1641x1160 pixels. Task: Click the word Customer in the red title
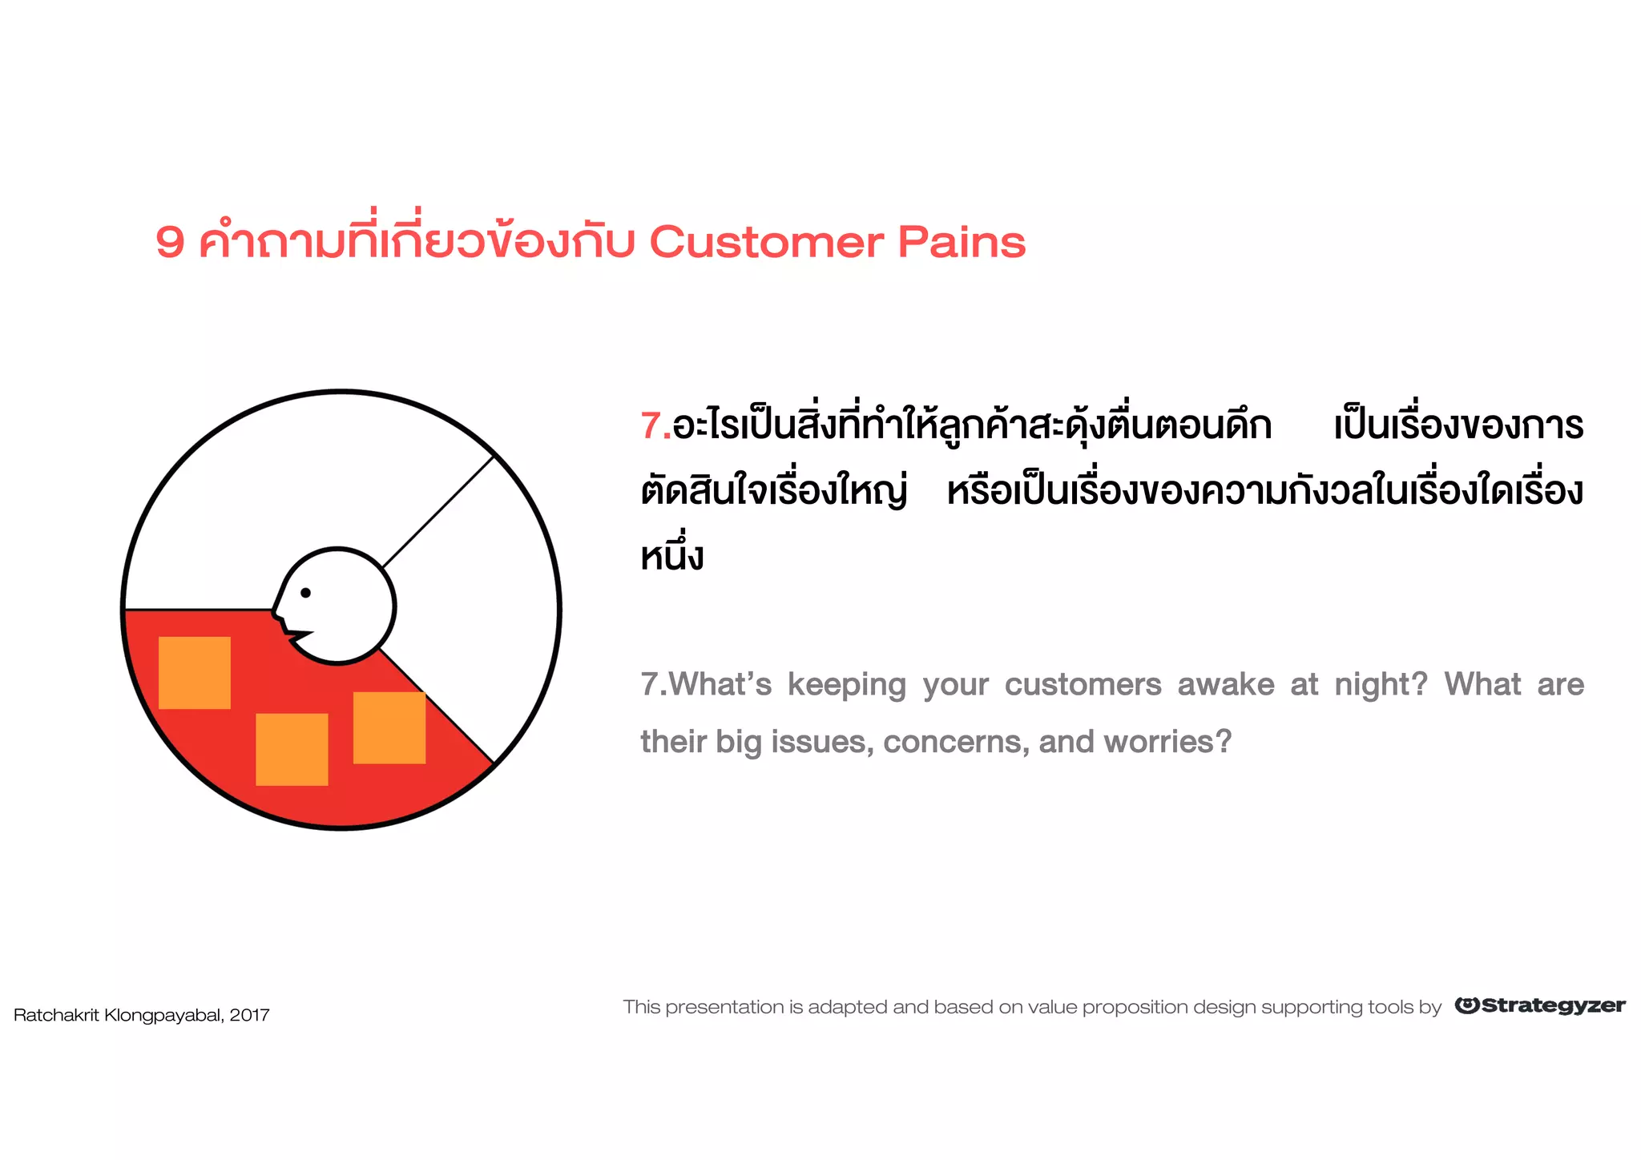point(766,242)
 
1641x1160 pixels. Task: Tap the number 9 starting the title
point(170,242)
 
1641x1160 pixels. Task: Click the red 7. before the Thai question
point(655,425)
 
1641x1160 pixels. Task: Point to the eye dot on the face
point(305,593)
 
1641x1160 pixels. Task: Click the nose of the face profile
point(276,614)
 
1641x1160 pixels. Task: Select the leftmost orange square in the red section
point(195,673)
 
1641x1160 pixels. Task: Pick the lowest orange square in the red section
point(292,749)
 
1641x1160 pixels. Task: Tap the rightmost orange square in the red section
point(389,727)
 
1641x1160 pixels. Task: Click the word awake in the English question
point(1225,685)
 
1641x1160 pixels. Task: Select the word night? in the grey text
point(1381,685)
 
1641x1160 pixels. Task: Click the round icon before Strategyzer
point(1466,1005)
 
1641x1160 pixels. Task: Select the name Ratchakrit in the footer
point(56,1015)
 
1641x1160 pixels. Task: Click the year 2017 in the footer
point(249,1015)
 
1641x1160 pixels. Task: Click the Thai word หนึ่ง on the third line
point(671,555)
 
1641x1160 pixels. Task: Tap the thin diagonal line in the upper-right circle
point(438,511)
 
